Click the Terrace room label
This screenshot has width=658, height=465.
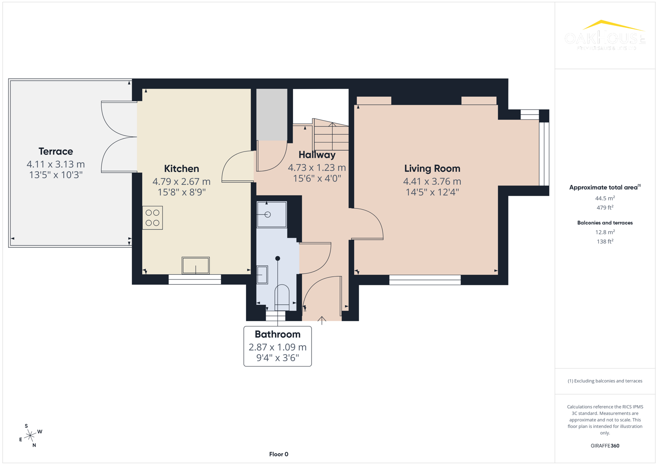(x=56, y=152)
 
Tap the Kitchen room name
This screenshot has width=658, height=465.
(x=181, y=169)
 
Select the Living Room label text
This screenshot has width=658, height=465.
(x=432, y=169)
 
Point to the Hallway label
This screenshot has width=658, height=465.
(x=317, y=155)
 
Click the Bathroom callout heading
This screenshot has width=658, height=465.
(x=278, y=335)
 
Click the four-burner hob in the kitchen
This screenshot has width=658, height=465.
(x=153, y=218)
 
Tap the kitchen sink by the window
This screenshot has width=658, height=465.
(x=196, y=265)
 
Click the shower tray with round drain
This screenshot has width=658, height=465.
(x=271, y=214)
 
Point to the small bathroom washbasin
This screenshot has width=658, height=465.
(x=262, y=275)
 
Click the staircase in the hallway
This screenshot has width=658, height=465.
(x=331, y=135)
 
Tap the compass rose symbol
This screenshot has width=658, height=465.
(x=30, y=436)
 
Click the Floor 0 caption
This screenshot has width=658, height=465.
(x=278, y=454)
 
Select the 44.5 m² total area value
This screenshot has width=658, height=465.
(x=605, y=198)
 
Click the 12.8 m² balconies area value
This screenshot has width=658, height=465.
(x=605, y=232)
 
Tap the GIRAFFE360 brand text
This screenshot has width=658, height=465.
(x=605, y=446)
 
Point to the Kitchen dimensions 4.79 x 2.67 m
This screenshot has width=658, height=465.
(x=181, y=182)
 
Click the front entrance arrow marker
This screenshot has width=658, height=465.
(x=321, y=320)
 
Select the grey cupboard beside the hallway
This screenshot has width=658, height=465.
(x=271, y=115)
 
